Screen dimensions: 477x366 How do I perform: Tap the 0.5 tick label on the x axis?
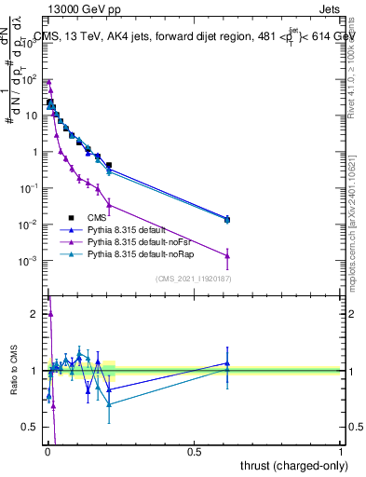195,452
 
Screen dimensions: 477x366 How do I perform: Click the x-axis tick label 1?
341,452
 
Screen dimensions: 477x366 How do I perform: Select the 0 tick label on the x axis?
47,452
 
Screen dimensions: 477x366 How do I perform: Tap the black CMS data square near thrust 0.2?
109,165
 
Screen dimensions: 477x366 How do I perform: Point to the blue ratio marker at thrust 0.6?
227,363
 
